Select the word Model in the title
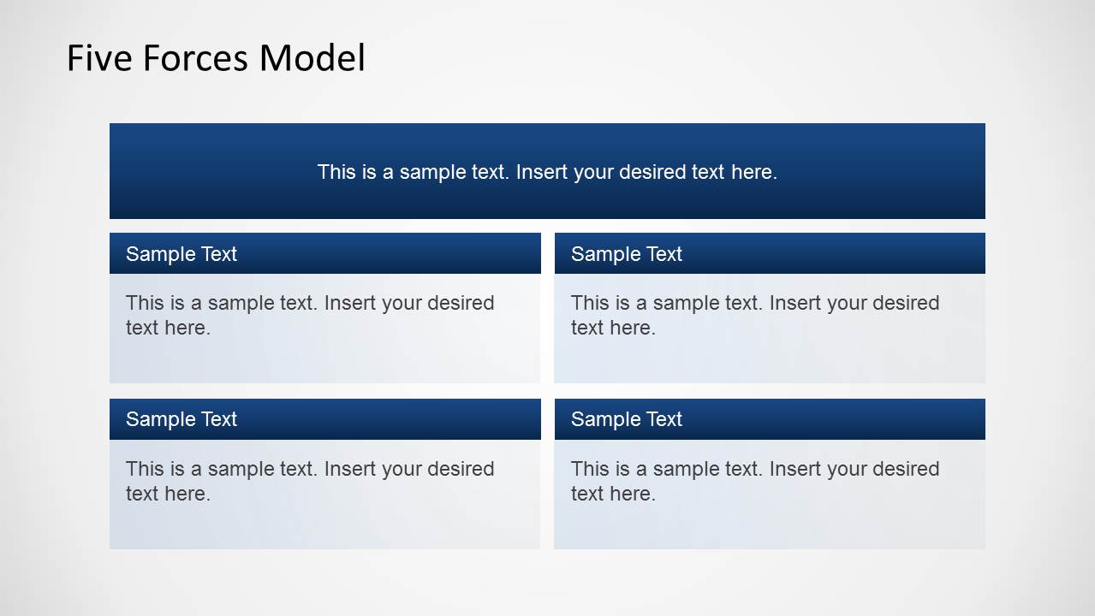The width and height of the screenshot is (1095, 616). click(x=312, y=58)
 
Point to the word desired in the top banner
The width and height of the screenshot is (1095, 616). click(x=653, y=172)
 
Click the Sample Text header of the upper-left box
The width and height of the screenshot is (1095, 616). click(x=182, y=254)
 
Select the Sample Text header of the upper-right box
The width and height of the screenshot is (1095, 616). click(x=627, y=254)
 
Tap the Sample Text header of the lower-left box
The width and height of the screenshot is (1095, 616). click(x=182, y=419)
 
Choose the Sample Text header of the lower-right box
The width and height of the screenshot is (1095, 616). click(x=627, y=419)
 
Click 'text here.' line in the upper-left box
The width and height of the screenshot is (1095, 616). click(x=168, y=328)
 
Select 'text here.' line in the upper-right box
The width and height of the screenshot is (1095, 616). click(x=613, y=328)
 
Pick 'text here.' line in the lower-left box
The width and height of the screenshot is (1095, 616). click(x=168, y=494)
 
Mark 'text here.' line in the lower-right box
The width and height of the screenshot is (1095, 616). click(x=613, y=494)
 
